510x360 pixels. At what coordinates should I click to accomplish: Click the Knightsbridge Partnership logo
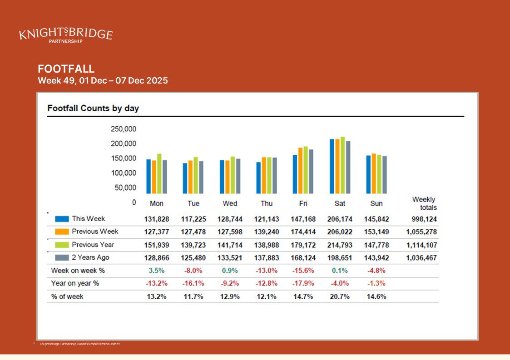pos(66,35)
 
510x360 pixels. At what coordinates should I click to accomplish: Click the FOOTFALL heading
pos(66,69)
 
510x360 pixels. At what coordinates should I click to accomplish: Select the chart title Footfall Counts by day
pos(93,108)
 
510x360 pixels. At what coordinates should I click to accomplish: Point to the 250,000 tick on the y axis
pos(123,129)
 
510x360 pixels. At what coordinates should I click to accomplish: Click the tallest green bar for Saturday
pos(342,165)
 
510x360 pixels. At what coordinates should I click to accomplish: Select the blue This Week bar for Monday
pos(149,177)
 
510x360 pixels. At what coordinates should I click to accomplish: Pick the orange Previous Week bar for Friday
pos(300,171)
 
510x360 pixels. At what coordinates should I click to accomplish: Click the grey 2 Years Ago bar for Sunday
pos(384,175)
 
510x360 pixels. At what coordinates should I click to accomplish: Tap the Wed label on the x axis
pos(230,203)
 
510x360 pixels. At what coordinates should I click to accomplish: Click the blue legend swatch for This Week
pos(62,219)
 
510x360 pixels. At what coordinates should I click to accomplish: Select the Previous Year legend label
pos(93,245)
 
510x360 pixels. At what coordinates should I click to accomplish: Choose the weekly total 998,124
pos(421,219)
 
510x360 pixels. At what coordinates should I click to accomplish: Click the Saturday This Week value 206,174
pos(340,219)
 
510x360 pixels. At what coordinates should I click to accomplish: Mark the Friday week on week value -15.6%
pos(303,271)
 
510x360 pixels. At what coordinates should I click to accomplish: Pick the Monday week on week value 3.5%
pos(156,271)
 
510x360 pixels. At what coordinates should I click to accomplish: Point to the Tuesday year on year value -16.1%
pos(193,283)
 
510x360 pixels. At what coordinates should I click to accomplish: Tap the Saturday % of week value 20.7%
pos(340,296)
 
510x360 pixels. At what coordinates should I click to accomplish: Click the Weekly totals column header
pos(424,203)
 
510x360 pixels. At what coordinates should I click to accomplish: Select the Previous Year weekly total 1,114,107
pos(421,245)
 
